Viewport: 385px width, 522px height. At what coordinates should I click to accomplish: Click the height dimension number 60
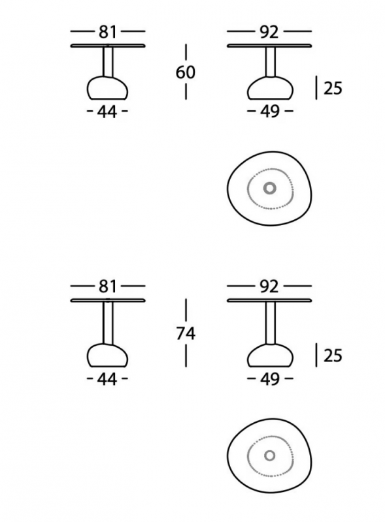tap(186, 72)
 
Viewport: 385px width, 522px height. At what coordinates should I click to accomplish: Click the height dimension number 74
tap(186, 333)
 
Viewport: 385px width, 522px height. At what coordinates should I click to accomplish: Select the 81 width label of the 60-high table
tap(108, 32)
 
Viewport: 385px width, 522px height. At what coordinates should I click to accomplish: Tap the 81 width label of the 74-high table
tap(108, 286)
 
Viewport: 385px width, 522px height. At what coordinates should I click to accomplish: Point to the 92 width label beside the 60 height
tap(269, 32)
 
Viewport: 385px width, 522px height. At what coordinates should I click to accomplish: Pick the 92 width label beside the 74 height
tap(269, 286)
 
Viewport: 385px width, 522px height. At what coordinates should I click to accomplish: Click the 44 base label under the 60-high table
tap(107, 112)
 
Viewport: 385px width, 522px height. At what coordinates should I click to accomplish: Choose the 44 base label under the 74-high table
tap(107, 379)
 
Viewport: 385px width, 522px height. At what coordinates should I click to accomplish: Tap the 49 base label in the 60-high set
tap(269, 111)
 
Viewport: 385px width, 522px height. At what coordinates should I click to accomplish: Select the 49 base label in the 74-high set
tap(269, 379)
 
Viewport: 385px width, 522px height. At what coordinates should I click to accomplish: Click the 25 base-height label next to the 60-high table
tap(333, 88)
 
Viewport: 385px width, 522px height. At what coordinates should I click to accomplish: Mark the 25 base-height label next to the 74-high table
tap(333, 356)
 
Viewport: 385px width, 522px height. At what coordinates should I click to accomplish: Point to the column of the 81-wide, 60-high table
tap(108, 62)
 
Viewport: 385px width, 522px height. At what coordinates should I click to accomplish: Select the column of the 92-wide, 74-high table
tap(270, 323)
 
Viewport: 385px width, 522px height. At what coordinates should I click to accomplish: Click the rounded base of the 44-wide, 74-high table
tap(107, 355)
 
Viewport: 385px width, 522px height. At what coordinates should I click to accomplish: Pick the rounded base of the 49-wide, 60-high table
tap(270, 88)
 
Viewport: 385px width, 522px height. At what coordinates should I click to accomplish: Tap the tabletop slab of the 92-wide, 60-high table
tap(269, 46)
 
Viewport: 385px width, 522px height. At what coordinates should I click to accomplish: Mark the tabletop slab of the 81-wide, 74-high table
tap(108, 300)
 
